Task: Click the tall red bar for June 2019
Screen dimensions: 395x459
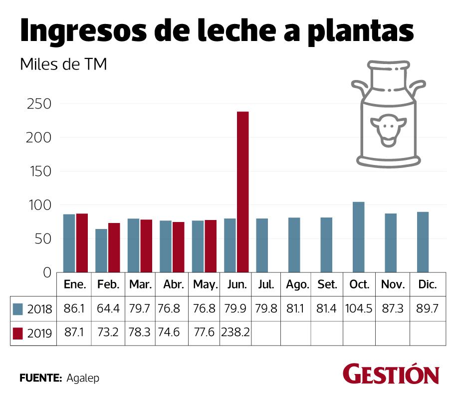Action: pyautogui.click(x=242, y=192)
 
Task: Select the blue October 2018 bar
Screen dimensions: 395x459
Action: pyautogui.click(x=358, y=237)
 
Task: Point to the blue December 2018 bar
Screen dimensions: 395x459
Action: pyautogui.click(x=423, y=242)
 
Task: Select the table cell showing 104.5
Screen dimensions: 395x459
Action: pyautogui.click(x=359, y=308)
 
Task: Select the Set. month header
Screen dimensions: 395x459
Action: pyautogui.click(x=327, y=285)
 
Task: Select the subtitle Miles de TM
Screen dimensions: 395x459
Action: pyautogui.click(x=63, y=65)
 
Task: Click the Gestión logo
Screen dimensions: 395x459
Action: pyautogui.click(x=391, y=374)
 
